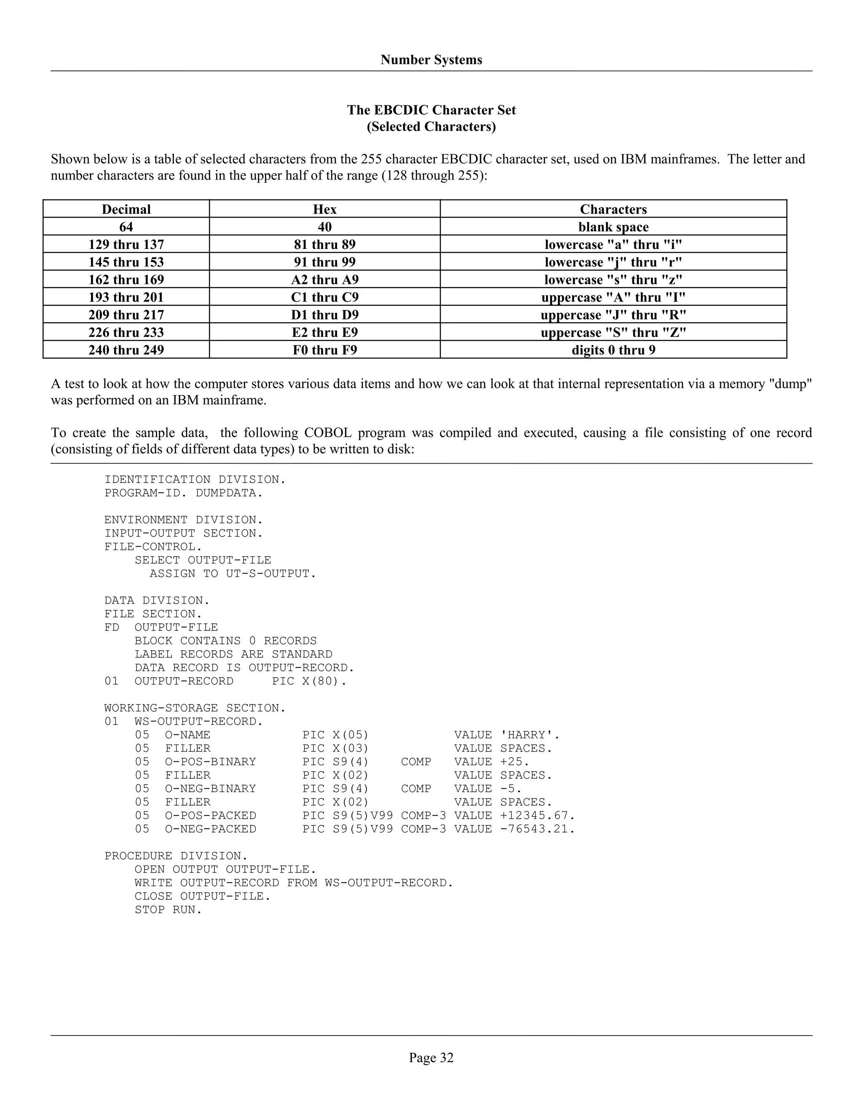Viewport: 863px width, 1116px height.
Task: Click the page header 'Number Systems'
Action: pos(431,60)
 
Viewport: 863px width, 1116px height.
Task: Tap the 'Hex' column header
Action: pos(324,209)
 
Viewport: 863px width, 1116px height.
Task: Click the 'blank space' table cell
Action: pos(613,227)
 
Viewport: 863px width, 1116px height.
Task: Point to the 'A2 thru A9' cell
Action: pos(324,280)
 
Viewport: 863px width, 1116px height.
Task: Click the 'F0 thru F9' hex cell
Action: pos(324,350)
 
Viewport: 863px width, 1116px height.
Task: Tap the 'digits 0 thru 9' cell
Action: pos(613,350)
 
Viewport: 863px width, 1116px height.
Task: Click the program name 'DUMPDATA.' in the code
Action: pos(229,493)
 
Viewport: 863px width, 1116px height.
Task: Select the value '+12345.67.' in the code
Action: pos(537,816)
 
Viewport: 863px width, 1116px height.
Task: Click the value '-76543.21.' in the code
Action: pos(537,829)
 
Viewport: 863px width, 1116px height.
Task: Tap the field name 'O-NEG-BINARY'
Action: pos(210,788)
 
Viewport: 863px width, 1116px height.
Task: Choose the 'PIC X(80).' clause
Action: pos(309,681)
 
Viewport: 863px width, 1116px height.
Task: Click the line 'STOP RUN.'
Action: pos(168,910)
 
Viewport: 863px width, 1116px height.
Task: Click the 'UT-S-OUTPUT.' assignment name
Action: pos(271,574)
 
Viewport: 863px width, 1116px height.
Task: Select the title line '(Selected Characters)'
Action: pos(431,127)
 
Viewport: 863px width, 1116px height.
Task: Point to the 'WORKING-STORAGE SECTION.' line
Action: pos(195,708)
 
